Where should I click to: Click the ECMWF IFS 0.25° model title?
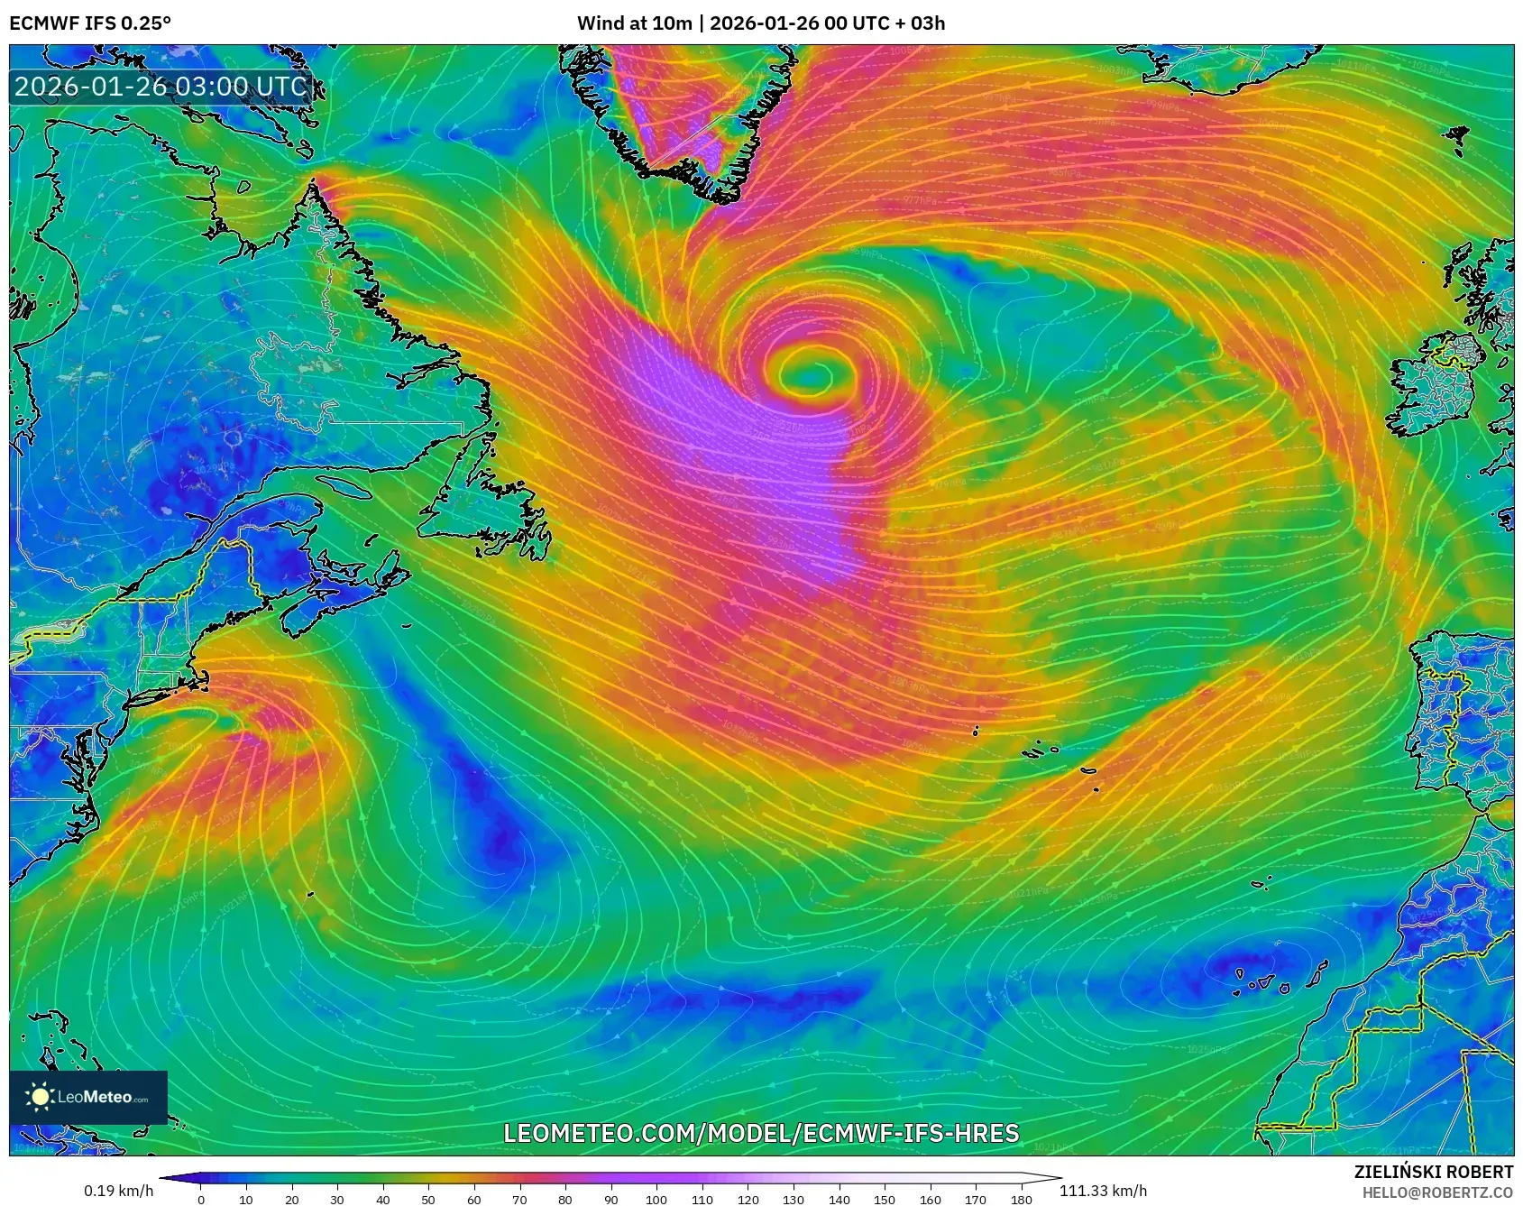pyautogui.click(x=90, y=23)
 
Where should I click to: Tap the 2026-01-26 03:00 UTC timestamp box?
pyautogui.click(x=161, y=87)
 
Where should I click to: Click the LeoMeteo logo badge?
pyautogui.click(x=88, y=1097)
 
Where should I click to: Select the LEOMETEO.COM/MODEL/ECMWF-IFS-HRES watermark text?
pyautogui.click(x=761, y=1133)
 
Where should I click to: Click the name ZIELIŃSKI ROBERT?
pyautogui.click(x=1434, y=1172)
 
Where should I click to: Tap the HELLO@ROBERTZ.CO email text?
pyautogui.click(x=1437, y=1192)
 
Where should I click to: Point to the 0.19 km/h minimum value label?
pyautogui.click(x=118, y=1191)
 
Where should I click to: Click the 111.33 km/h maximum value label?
pyautogui.click(x=1103, y=1191)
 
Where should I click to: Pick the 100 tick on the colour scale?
pyautogui.click(x=656, y=1199)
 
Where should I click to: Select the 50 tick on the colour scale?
pyautogui.click(x=428, y=1199)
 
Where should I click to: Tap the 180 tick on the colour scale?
pyautogui.click(x=1021, y=1199)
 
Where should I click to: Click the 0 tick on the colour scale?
pyautogui.click(x=200, y=1199)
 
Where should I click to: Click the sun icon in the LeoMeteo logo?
pyautogui.click(x=40, y=1097)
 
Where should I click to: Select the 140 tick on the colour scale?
pyautogui.click(x=839, y=1199)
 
